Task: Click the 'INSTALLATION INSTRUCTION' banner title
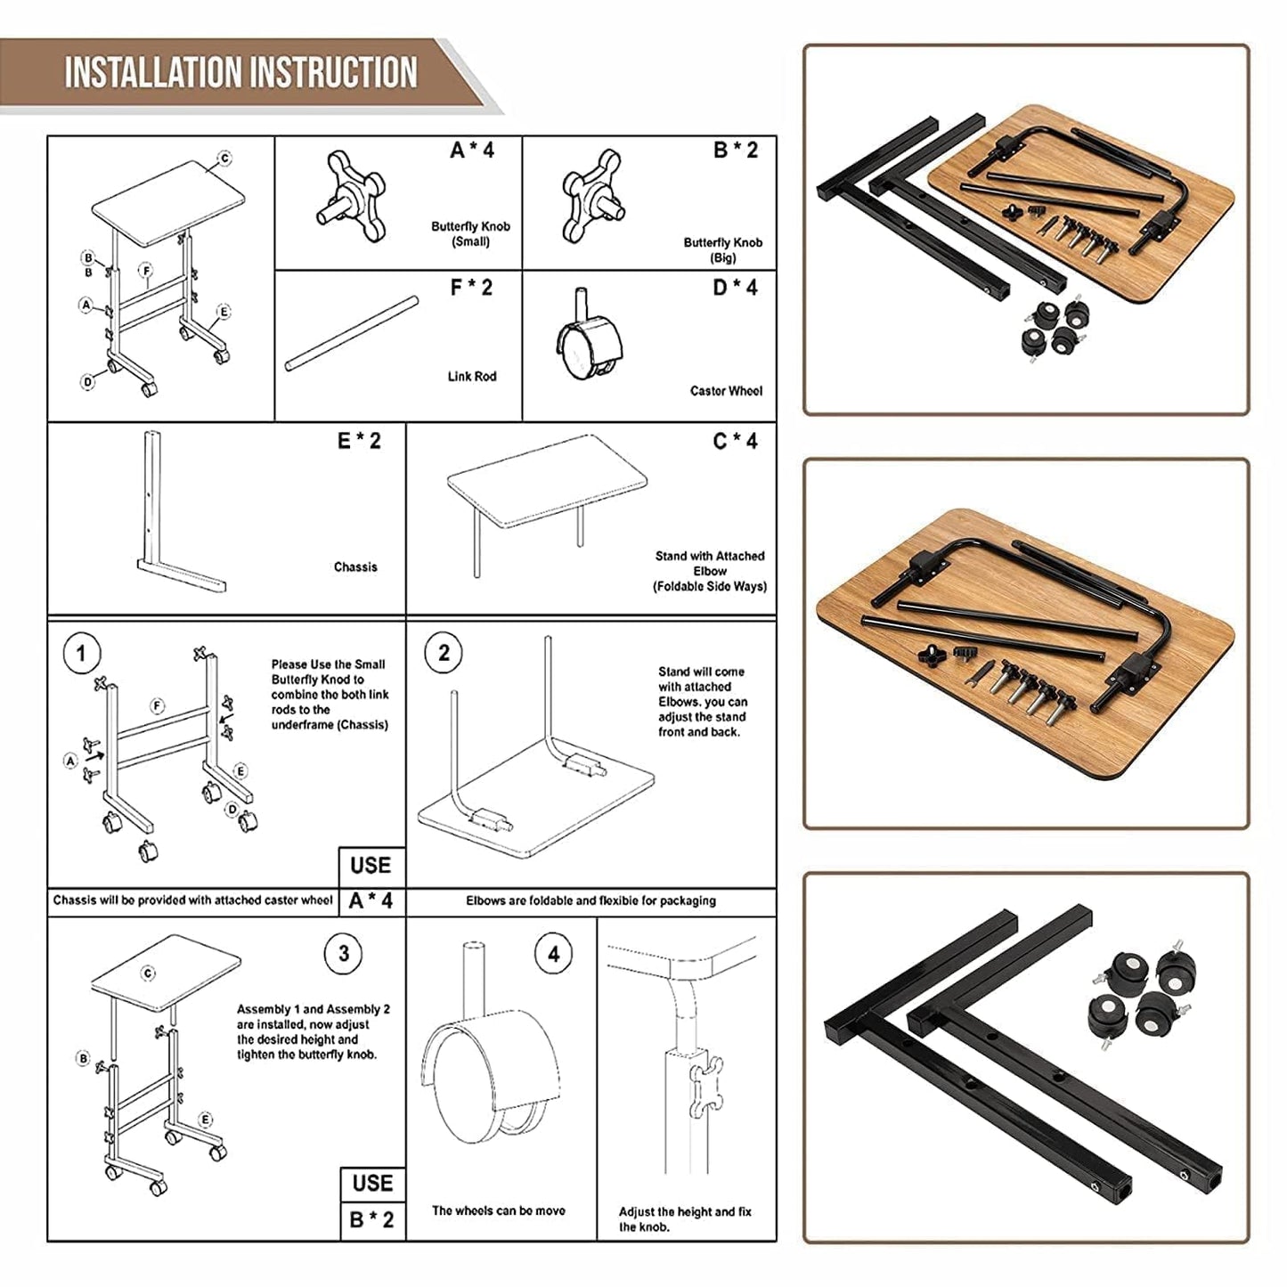point(240,73)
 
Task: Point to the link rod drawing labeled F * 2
point(352,333)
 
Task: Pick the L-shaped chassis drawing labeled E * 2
point(180,511)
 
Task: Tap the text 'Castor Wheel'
point(726,391)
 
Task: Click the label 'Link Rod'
point(471,377)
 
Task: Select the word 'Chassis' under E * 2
point(355,567)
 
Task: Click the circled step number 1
point(81,653)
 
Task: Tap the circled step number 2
point(444,653)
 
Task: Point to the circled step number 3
point(343,953)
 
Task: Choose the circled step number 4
point(554,954)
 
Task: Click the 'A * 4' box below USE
point(372,901)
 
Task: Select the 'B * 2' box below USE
point(372,1219)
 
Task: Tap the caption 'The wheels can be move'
point(498,1211)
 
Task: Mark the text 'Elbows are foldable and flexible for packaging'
point(591,901)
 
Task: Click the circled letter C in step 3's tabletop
point(148,973)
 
